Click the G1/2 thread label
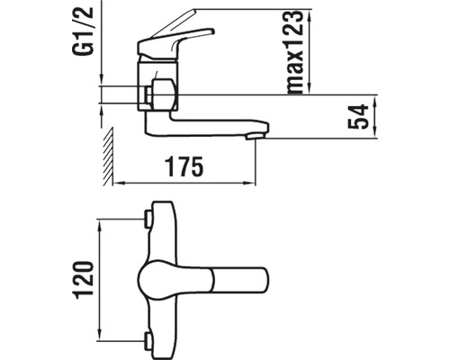click(x=83, y=31)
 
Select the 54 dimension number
click(x=358, y=116)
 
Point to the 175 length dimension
click(x=184, y=166)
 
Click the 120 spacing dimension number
click(x=84, y=280)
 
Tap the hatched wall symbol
click(x=108, y=156)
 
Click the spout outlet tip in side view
click(x=255, y=137)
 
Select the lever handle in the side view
click(x=175, y=42)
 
